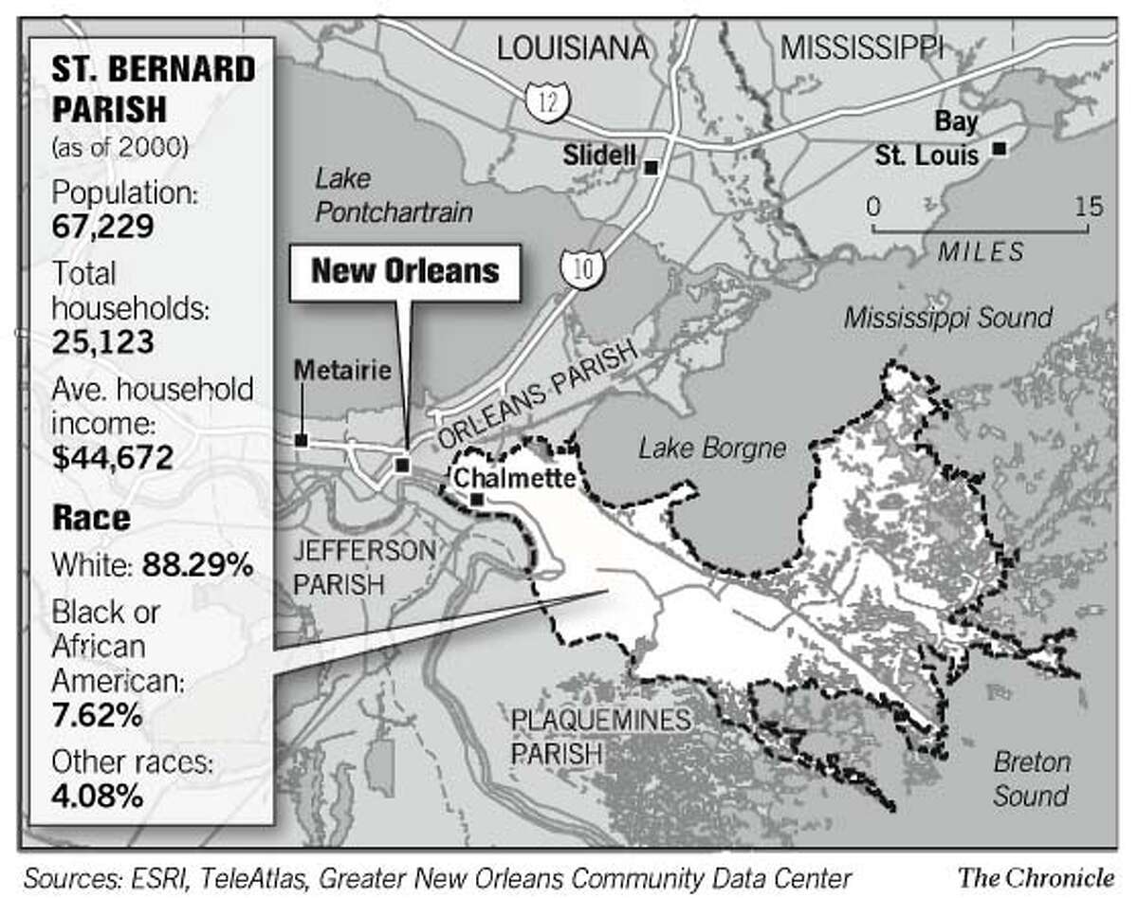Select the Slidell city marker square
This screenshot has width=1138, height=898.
(651, 168)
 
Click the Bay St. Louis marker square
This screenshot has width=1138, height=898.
(998, 149)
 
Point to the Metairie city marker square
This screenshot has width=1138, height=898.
(301, 440)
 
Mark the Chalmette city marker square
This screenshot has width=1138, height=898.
(477, 500)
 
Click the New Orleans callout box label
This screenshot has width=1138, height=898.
(405, 271)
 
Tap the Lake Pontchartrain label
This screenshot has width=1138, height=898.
(393, 195)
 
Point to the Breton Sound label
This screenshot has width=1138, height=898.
(1031, 778)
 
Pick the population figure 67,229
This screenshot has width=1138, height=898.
(103, 229)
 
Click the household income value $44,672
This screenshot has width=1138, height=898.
(113, 459)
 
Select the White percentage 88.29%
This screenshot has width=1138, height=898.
(197, 566)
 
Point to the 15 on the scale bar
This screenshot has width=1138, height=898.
(1089, 207)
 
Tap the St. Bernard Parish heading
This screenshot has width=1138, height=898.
(139, 89)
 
